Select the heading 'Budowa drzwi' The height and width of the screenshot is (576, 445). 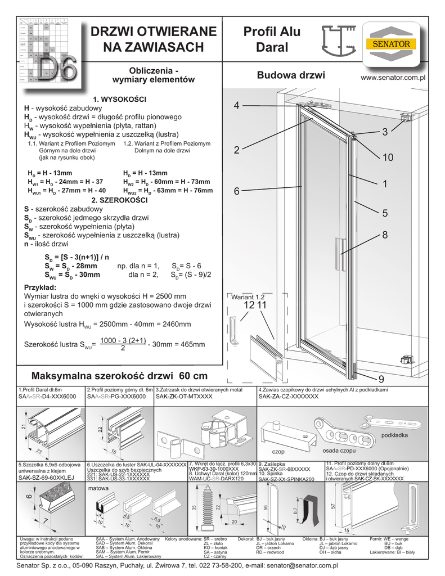point(290,75)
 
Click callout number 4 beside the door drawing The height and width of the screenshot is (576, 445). point(237,106)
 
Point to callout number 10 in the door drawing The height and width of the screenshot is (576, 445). point(388,158)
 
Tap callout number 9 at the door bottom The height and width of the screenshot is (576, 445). point(381,377)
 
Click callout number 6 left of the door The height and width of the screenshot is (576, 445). point(237,192)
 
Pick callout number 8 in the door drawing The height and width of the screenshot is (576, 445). point(385,235)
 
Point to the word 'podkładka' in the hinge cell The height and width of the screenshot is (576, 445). point(395,435)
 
